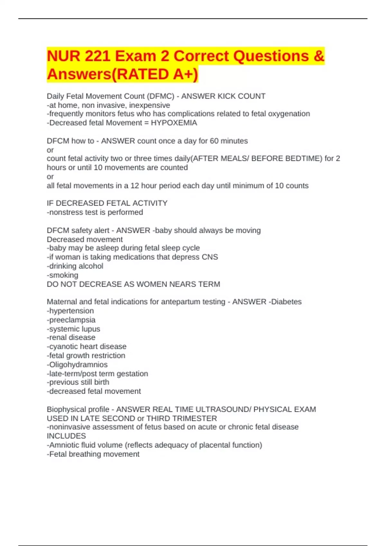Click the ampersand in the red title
318,56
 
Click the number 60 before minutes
215,141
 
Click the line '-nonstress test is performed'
95,212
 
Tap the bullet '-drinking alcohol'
75,266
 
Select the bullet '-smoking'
62,275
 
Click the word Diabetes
287,302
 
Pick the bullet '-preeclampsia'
71,320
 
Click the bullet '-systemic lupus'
73,329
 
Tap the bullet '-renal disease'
71,338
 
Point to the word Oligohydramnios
78,365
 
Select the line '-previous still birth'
78,382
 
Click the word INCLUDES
66,436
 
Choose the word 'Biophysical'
67,409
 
